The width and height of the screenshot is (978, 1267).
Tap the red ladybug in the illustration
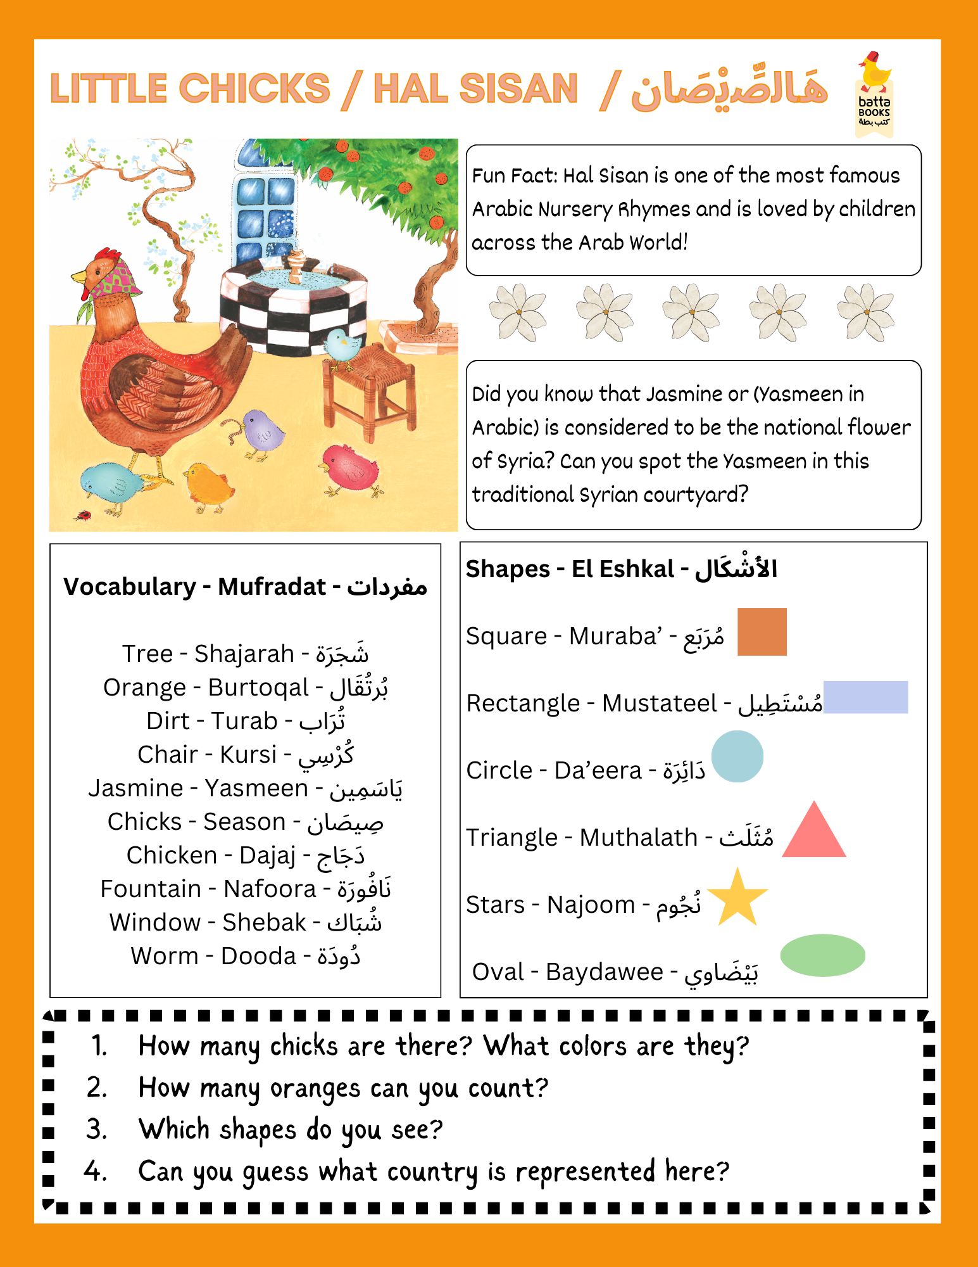(x=82, y=515)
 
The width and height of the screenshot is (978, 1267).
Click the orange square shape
(x=762, y=632)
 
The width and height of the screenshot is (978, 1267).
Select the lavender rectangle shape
(x=865, y=697)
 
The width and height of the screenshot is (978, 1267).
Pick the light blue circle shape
(x=737, y=756)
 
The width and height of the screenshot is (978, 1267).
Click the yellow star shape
(x=737, y=898)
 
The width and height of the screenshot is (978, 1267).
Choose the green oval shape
(x=822, y=955)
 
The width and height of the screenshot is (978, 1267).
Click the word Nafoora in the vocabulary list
(x=270, y=889)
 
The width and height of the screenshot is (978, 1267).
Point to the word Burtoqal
(x=258, y=687)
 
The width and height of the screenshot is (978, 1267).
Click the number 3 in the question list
(x=96, y=1130)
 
